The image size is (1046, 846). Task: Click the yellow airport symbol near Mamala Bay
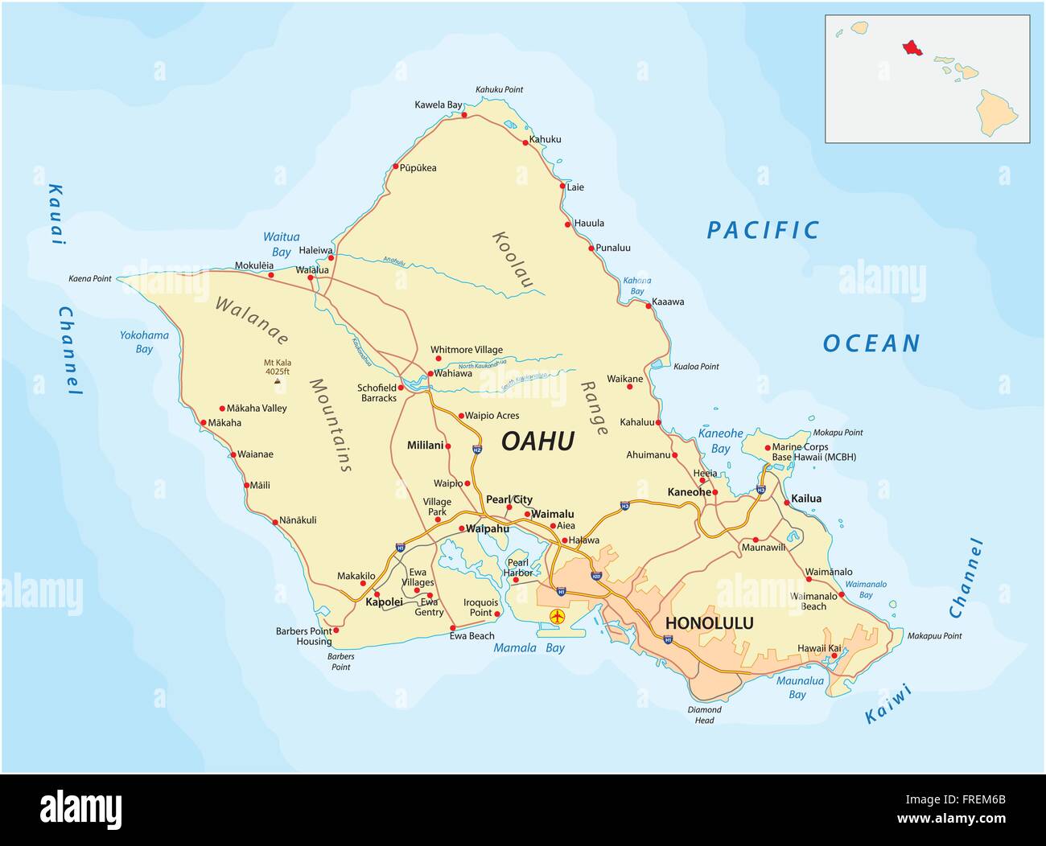557,618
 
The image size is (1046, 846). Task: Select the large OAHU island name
537,441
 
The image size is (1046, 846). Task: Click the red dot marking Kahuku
525,143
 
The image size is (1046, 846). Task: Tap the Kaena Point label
90,278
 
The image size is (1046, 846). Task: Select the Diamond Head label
704,715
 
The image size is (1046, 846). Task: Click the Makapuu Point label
934,636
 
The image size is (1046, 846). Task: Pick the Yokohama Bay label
144,342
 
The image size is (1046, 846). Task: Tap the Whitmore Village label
467,350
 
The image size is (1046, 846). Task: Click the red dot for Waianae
233,455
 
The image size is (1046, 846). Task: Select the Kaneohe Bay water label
720,441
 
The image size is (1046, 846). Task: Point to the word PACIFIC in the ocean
762,231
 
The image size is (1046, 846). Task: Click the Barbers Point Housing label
303,636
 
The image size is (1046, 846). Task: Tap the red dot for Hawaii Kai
834,655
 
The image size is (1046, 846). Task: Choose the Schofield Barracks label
377,392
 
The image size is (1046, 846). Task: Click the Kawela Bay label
439,105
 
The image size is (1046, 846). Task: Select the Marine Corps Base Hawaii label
813,452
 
